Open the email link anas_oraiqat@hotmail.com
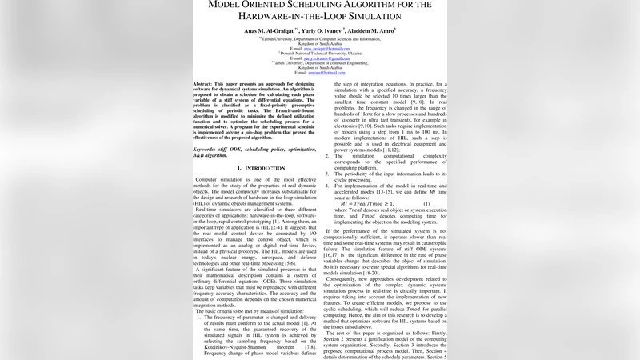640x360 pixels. tap(320, 48)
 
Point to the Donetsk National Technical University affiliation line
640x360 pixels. tap(320, 53)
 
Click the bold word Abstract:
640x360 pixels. tap(208, 84)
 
